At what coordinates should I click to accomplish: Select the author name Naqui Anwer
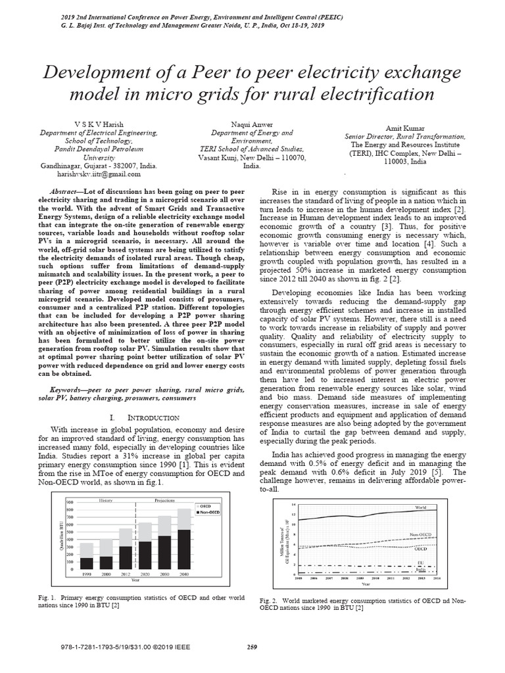pos(252,124)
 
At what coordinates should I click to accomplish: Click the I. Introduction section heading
pos(143,417)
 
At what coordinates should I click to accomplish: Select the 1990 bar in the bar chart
pos(86,563)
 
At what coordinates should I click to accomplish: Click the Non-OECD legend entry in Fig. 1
pos(211,512)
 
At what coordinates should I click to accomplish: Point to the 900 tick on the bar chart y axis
pos(70,502)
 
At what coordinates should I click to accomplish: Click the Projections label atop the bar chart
pos(165,500)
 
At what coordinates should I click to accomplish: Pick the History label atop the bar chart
pos(106,500)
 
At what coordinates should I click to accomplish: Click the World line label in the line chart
pos(421,507)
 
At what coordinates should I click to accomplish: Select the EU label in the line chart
pos(421,563)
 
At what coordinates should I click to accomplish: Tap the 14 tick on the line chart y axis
pos(294,503)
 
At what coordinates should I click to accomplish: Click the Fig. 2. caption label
pos(270,601)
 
